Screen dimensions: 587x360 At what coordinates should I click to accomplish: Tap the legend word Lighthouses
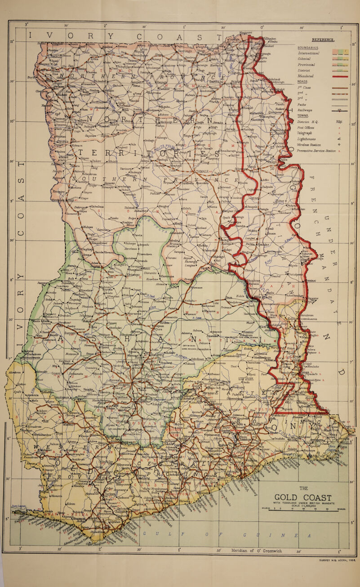click(x=311, y=139)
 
